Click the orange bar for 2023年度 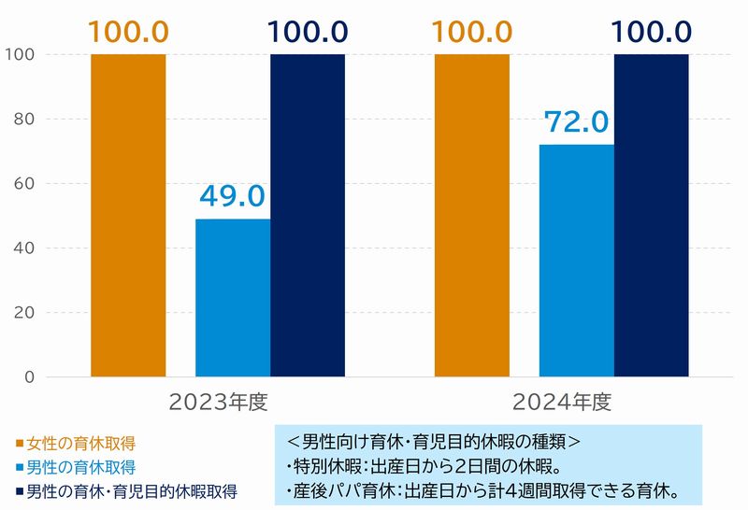(128, 216)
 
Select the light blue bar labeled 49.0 (233, 298)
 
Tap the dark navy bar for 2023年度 (308, 216)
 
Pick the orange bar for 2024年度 (472, 216)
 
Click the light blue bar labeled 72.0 (577, 261)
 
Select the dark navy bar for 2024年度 (652, 216)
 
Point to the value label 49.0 (233, 197)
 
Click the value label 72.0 (577, 122)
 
